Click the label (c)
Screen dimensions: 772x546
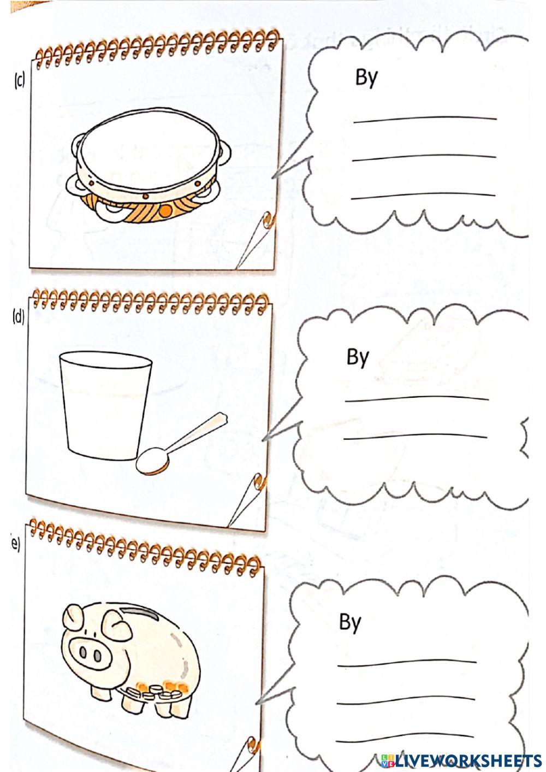click(x=19, y=81)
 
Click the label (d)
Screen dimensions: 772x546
click(x=19, y=317)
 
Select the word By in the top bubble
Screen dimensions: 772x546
click(x=366, y=77)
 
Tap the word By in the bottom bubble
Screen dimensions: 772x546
click(x=350, y=622)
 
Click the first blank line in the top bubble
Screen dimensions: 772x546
click(x=425, y=118)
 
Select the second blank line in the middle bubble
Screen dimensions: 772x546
click(x=415, y=436)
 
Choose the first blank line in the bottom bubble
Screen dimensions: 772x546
click(x=407, y=663)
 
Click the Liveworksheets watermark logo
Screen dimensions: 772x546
click(x=461, y=760)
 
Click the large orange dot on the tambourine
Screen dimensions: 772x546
click(x=167, y=210)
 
